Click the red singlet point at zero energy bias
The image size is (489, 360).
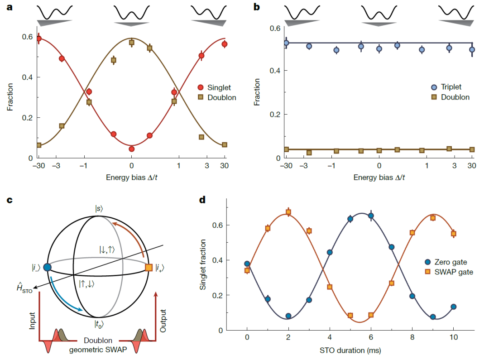131,149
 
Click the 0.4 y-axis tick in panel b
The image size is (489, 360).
275,71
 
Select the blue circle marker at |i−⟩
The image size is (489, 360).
47,267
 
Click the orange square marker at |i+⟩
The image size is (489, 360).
149,268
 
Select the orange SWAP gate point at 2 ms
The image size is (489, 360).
288,212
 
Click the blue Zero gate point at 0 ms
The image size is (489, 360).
247,264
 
